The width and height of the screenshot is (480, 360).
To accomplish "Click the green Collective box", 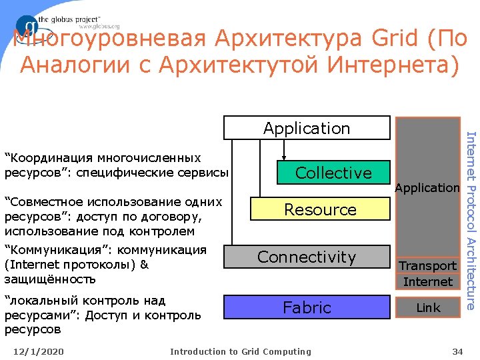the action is [333, 173].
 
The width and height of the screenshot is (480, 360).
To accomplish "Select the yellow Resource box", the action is [320, 209].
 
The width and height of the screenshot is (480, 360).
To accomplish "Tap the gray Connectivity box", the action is [307, 257].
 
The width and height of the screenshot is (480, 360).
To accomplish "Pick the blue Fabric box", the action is [307, 307].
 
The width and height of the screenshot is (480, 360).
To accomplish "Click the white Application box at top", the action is [307, 128].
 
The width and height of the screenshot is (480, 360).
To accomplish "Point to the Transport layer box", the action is [427, 266].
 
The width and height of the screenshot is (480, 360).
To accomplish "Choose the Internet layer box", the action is [427, 281].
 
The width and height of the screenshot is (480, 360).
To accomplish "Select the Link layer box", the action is [427, 307].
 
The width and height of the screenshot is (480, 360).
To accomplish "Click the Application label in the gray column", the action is [427, 188].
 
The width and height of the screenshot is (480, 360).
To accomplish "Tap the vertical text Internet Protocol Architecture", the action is [470, 220].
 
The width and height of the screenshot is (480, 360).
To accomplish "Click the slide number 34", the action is [457, 351].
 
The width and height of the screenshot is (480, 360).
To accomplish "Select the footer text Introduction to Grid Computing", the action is [240, 351].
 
